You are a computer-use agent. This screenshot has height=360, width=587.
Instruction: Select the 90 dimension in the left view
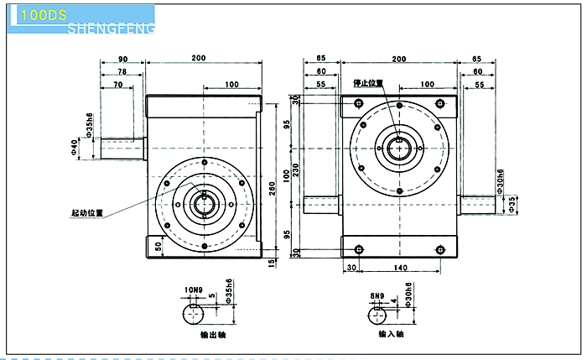coord(122,60)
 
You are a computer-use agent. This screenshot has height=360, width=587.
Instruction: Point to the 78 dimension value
coord(122,73)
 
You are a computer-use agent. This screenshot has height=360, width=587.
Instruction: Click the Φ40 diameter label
coord(76,149)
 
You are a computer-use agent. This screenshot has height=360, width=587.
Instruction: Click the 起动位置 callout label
coord(87,213)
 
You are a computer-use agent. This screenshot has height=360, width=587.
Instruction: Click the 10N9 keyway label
coord(194,291)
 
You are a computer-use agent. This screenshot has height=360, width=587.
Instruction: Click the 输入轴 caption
coord(391,334)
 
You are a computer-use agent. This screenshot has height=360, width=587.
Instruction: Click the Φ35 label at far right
coord(513,202)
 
